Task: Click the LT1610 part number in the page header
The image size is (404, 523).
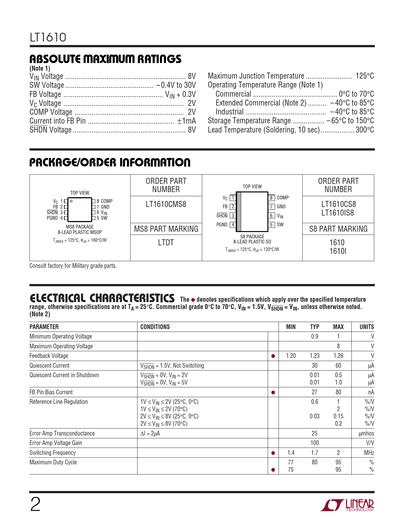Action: tap(48, 37)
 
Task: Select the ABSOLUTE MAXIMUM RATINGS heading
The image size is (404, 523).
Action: tap(105, 59)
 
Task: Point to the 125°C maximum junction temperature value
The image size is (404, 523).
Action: tap(365, 76)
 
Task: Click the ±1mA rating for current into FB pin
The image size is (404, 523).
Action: tap(186, 121)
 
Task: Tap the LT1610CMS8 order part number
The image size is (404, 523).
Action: tap(166, 204)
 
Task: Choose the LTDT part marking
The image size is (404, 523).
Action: tap(166, 242)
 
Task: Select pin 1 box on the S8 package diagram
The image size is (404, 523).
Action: tap(233, 198)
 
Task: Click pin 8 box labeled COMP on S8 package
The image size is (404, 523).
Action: tap(272, 198)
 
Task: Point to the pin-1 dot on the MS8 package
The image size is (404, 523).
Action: tap(71, 201)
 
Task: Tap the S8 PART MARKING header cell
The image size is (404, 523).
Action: tap(338, 229)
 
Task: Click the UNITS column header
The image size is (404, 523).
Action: tap(367, 327)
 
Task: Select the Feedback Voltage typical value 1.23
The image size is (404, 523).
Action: tap(314, 356)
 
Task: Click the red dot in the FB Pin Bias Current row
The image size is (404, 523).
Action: tap(273, 392)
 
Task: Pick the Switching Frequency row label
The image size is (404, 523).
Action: tap(53, 453)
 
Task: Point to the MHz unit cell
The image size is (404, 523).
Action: tap(369, 453)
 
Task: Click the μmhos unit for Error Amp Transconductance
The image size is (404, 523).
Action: tap(366, 433)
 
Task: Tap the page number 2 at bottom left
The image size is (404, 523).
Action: tap(35, 505)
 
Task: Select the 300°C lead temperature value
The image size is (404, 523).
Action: tap(365, 130)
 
